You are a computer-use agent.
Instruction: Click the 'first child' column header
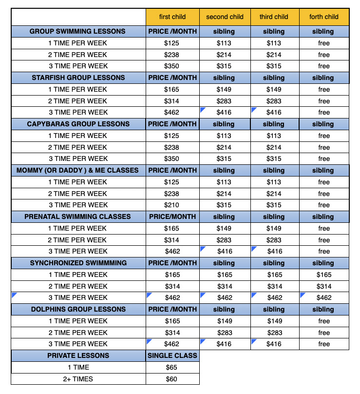pyautogui.click(x=172, y=17)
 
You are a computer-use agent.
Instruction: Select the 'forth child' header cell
pyautogui.click(x=324, y=17)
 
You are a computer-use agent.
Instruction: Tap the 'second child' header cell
pyautogui.click(x=225, y=17)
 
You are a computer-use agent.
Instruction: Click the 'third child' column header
pyautogui.click(x=274, y=17)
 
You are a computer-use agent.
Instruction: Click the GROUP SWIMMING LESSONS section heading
pyautogui.click(x=77, y=31)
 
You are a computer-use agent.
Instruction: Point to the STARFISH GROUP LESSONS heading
pyautogui.click(x=78, y=78)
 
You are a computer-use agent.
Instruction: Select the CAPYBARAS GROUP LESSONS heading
pyautogui.click(x=78, y=124)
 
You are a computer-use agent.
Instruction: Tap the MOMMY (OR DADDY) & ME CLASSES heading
pyautogui.click(x=77, y=170)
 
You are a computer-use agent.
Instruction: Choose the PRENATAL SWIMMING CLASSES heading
pyautogui.click(x=78, y=217)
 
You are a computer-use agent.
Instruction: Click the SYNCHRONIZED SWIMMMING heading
pyautogui.click(x=78, y=263)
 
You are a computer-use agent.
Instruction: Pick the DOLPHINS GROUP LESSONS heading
pyautogui.click(x=78, y=309)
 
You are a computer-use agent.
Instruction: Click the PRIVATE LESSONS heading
pyautogui.click(x=78, y=355)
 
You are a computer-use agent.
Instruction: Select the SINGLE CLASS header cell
pyautogui.click(x=172, y=355)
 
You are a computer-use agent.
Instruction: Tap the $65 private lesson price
pyautogui.click(x=172, y=367)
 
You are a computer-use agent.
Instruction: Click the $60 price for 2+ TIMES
pyautogui.click(x=172, y=379)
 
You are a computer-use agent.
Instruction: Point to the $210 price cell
pyautogui.click(x=172, y=205)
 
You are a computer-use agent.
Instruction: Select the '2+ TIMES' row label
pyautogui.click(x=78, y=379)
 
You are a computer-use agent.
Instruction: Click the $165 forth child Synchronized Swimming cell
pyautogui.click(x=324, y=275)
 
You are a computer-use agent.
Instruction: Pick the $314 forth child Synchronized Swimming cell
pyautogui.click(x=324, y=286)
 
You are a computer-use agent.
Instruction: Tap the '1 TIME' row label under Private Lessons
pyautogui.click(x=78, y=367)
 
